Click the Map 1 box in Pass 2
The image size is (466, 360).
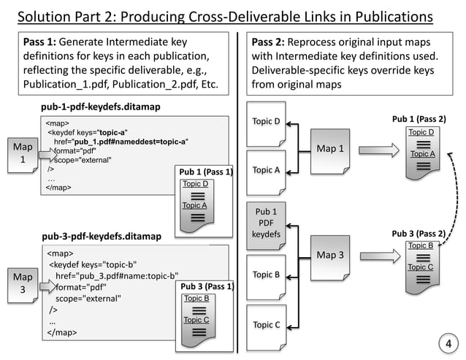click(330, 150)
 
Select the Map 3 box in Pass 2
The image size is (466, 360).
click(330, 256)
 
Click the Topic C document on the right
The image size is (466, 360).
click(267, 325)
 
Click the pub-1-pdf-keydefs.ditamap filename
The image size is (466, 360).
click(101, 107)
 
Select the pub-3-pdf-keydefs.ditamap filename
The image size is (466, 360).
click(101, 237)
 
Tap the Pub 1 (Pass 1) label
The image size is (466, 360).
click(205, 172)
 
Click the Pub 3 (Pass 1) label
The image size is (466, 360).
click(207, 287)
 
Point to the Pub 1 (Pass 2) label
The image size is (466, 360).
click(419, 119)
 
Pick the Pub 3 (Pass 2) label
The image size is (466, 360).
click(419, 234)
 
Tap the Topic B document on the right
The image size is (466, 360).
click(267, 275)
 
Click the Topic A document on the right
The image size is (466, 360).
click(267, 171)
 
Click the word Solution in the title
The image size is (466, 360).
click(45, 15)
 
